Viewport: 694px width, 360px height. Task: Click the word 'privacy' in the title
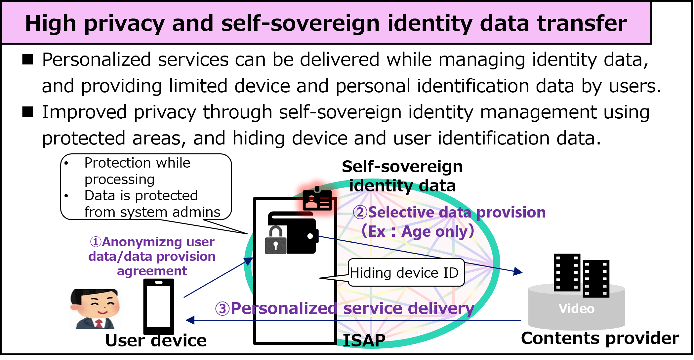pyautogui.click(x=124, y=24)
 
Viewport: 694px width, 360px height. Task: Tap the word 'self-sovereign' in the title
pyautogui.click(x=300, y=24)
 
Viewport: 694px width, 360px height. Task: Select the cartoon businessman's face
pyautogui.click(x=96, y=306)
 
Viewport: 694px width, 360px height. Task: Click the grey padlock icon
pyautogui.click(x=276, y=241)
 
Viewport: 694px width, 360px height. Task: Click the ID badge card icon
pyautogui.click(x=317, y=200)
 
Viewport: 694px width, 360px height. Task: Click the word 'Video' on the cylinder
pyautogui.click(x=576, y=308)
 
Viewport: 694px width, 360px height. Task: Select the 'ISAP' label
pyautogui.click(x=364, y=341)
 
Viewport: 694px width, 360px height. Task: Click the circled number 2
pyautogui.click(x=360, y=212)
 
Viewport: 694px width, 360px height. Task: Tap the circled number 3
pyautogui.click(x=222, y=309)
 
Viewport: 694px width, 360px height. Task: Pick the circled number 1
pyautogui.click(x=96, y=242)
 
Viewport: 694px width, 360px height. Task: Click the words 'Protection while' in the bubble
pyautogui.click(x=137, y=163)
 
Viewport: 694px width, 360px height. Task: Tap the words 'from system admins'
pyautogui.click(x=152, y=212)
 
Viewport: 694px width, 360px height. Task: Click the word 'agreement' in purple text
pyautogui.click(x=152, y=271)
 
